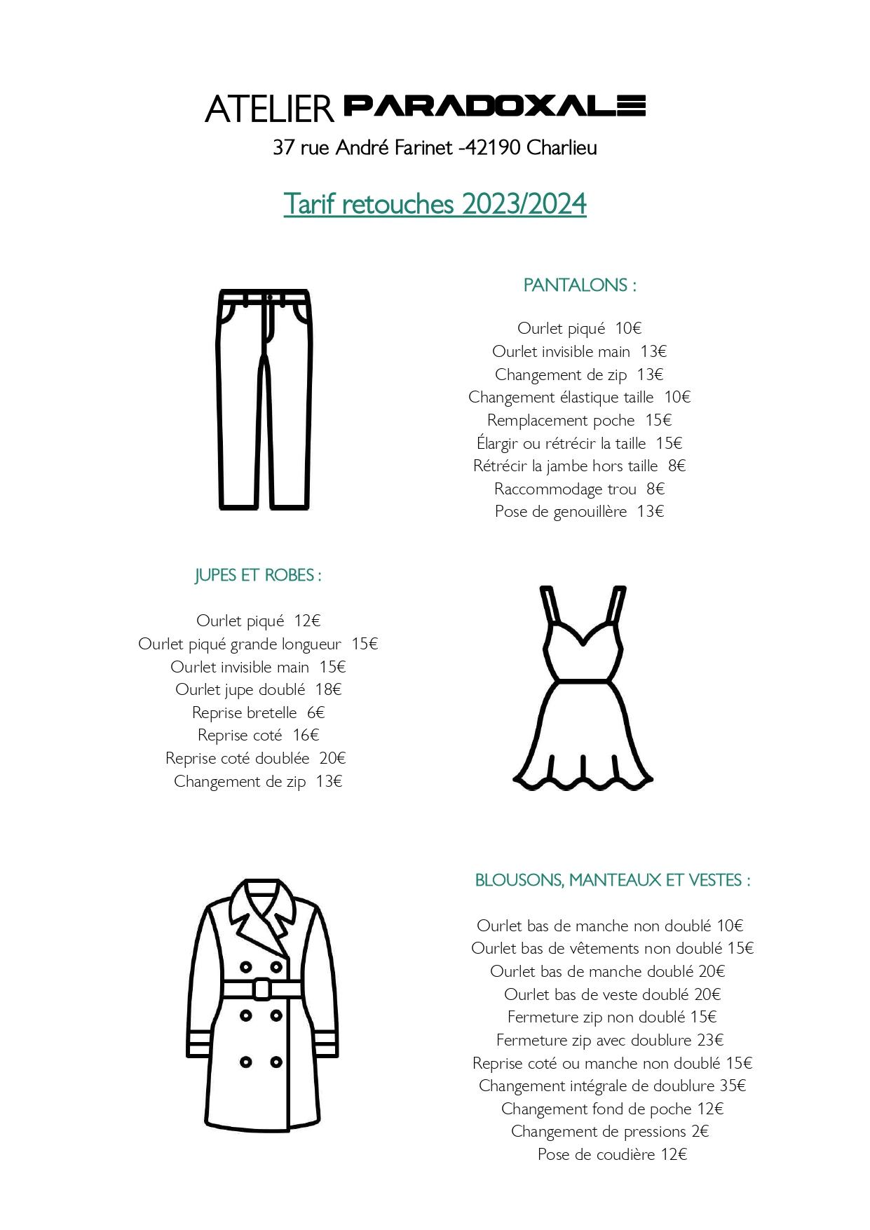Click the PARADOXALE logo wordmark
click(x=494, y=106)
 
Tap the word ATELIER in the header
click(x=269, y=109)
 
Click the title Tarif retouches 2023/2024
click(x=435, y=204)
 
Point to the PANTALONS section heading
click(x=580, y=285)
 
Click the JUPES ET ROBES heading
click(x=258, y=575)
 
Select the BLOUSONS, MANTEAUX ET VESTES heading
click(x=613, y=880)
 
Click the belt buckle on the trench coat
click(x=261, y=989)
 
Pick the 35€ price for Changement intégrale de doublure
click(x=733, y=1086)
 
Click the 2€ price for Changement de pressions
click(x=700, y=1131)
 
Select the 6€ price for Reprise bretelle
click(x=315, y=712)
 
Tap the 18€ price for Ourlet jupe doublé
click(x=328, y=689)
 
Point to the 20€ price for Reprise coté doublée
click(x=332, y=758)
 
